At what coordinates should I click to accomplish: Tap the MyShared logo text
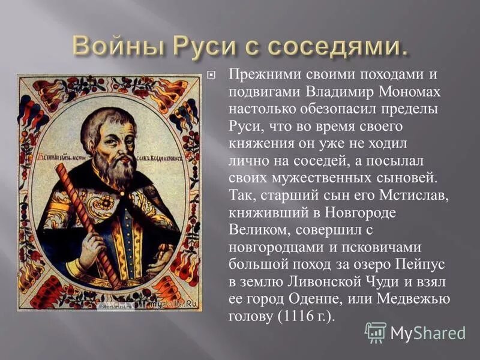427,332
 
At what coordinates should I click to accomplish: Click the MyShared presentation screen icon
375,332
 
